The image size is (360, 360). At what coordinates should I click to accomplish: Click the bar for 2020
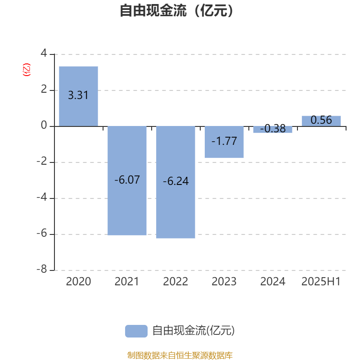pyautogui.click(x=78, y=96)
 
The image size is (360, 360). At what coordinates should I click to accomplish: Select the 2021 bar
pyautogui.click(x=127, y=181)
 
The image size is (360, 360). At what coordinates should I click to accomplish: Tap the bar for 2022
pyautogui.click(x=175, y=182)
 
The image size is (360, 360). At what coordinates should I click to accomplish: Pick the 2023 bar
pyautogui.click(x=224, y=142)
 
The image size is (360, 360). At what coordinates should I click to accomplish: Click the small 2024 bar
pyautogui.click(x=273, y=130)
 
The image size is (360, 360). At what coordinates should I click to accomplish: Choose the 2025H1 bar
pyautogui.click(x=321, y=121)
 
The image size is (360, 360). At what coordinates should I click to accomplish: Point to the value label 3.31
pyautogui.click(x=78, y=95)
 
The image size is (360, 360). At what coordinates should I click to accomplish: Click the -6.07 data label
pyautogui.click(x=127, y=180)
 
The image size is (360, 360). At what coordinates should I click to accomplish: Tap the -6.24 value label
pyautogui.click(x=175, y=181)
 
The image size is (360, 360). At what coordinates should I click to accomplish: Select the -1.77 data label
pyautogui.click(x=224, y=141)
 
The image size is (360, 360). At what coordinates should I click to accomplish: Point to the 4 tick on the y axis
pyautogui.click(x=44, y=53)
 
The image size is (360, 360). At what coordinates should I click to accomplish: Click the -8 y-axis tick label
pyautogui.click(x=42, y=269)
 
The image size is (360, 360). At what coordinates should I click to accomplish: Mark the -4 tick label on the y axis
pyautogui.click(x=42, y=197)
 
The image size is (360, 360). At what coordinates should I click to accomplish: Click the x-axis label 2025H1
pyautogui.click(x=321, y=282)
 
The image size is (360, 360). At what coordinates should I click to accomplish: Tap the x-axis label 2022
pyautogui.click(x=175, y=282)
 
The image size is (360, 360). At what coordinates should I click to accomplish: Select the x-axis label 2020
pyautogui.click(x=78, y=282)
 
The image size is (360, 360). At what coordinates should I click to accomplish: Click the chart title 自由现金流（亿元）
pyautogui.click(x=177, y=10)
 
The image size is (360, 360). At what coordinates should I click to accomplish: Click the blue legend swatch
pyautogui.click(x=136, y=331)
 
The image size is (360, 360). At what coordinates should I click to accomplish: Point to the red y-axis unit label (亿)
pyautogui.click(x=27, y=70)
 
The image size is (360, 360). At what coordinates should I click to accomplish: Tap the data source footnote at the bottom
pyautogui.click(x=180, y=355)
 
